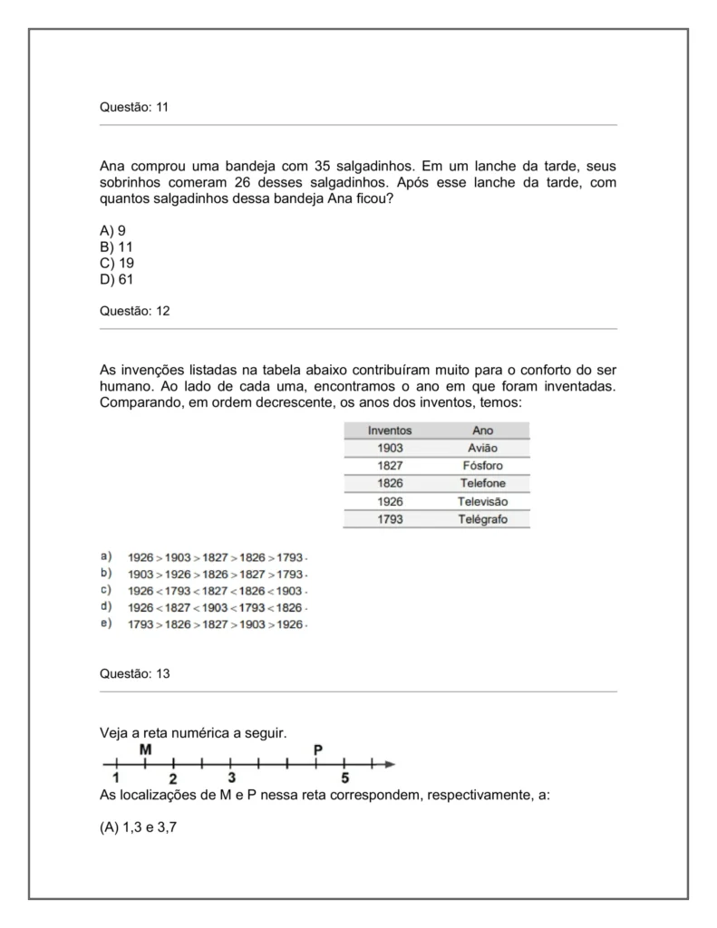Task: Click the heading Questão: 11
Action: tap(133, 107)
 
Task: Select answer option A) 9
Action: tap(112, 230)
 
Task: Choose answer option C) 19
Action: tap(116, 263)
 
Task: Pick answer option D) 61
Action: tap(116, 279)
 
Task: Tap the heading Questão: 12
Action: tap(133, 311)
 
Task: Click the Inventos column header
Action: tap(390, 430)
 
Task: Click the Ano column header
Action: tap(482, 430)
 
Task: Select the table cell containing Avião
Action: tap(482, 448)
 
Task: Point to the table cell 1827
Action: tap(390, 466)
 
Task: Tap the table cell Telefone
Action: tap(482, 483)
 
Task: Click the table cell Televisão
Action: tap(482, 501)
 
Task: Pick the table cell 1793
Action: tap(390, 519)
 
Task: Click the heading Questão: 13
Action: tap(133, 674)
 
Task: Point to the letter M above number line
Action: tap(145, 749)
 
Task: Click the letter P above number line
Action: tap(316, 749)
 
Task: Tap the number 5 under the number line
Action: tap(344, 778)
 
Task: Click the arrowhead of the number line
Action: tap(390, 765)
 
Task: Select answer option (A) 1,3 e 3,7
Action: tap(138, 826)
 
